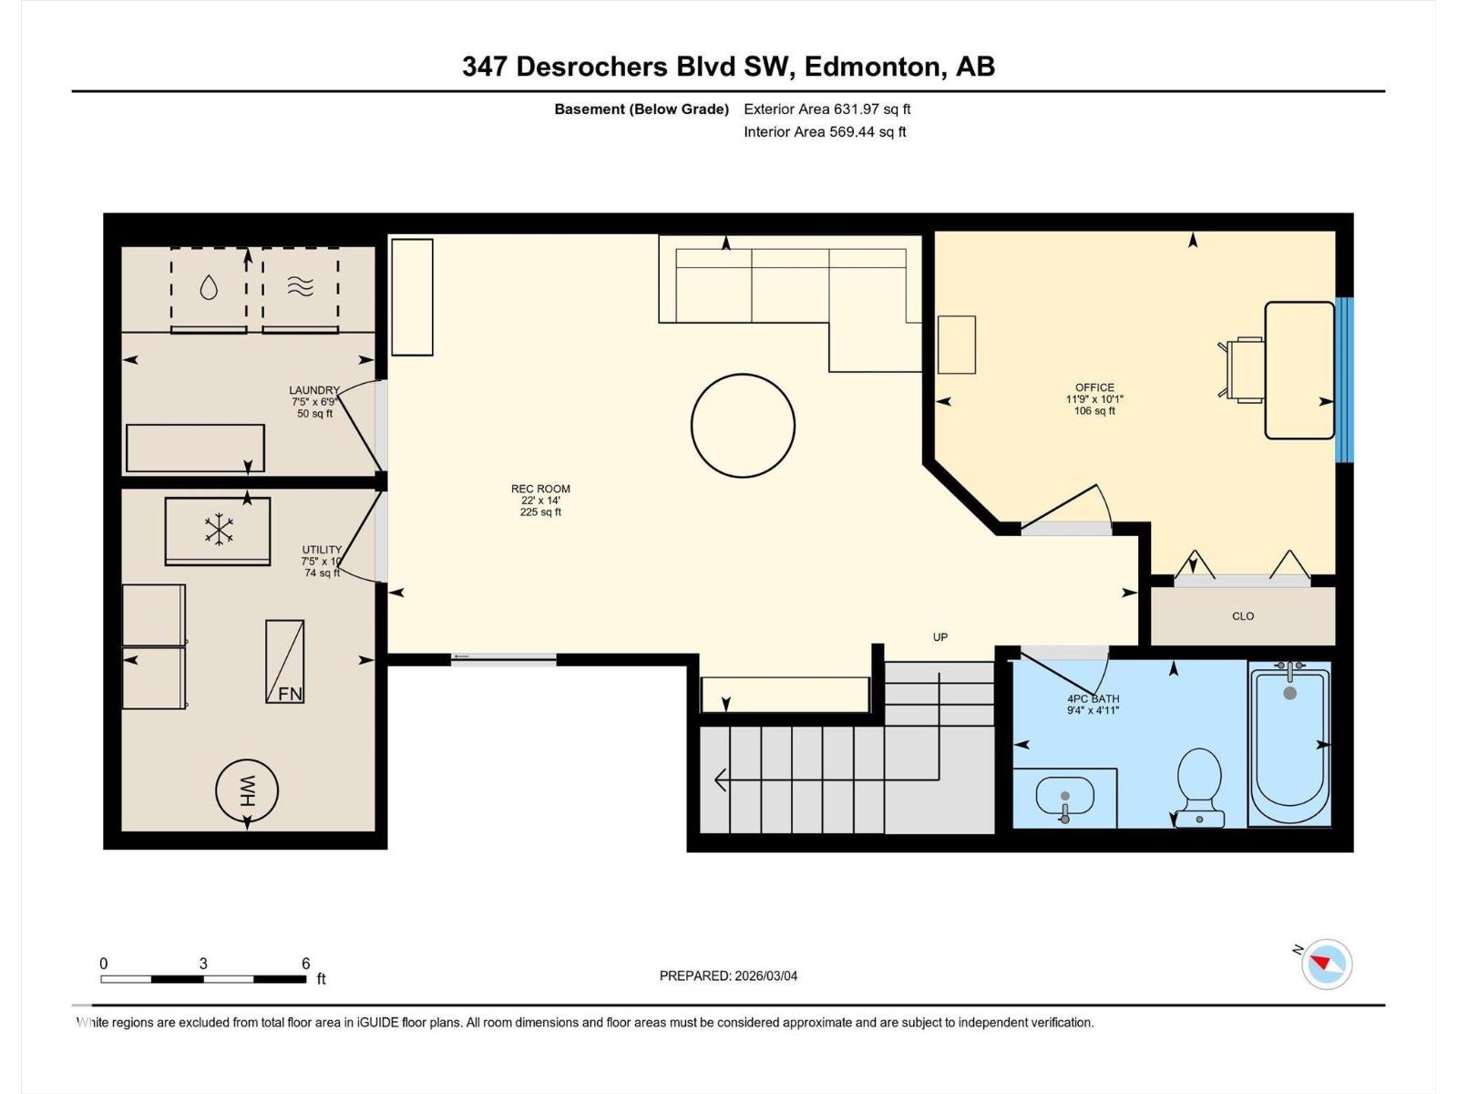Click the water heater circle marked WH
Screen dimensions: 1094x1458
pyautogui.click(x=247, y=790)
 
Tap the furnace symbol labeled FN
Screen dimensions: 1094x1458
pyautogui.click(x=284, y=662)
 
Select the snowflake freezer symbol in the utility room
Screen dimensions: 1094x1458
pyautogui.click(x=218, y=531)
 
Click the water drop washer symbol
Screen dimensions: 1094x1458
pyautogui.click(x=209, y=288)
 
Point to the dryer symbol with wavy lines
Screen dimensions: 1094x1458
pyautogui.click(x=300, y=287)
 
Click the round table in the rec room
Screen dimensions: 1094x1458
pyautogui.click(x=743, y=426)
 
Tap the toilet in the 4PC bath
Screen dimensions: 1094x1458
pyautogui.click(x=1199, y=784)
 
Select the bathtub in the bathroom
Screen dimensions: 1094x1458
pyautogui.click(x=1289, y=743)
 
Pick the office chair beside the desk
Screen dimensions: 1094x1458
pyautogui.click(x=1242, y=369)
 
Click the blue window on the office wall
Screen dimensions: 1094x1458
pyautogui.click(x=1344, y=379)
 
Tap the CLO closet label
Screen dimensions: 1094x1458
pyautogui.click(x=1243, y=616)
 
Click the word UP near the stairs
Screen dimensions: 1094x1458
pyautogui.click(x=940, y=637)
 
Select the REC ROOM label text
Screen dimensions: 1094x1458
pyautogui.click(x=540, y=489)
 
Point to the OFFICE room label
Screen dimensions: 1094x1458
pyautogui.click(x=1094, y=387)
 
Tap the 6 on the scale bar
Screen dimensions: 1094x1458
pyautogui.click(x=306, y=964)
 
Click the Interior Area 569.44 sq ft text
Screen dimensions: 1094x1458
pyautogui.click(x=825, y=131)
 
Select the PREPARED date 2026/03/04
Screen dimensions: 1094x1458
pyautogui.click(x=728, y=975)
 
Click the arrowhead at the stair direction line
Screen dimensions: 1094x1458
pyautogui.click(x=720, y=780)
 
